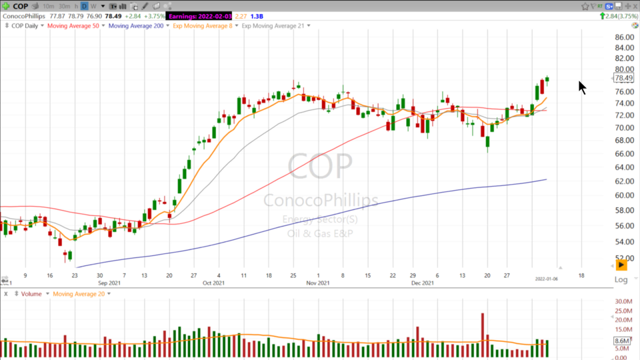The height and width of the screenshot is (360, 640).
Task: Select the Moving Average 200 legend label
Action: [x=136, y=26]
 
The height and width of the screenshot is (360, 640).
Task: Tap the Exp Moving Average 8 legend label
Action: [x=202, y=26]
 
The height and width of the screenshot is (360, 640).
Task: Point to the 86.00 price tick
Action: [x=625, y=37]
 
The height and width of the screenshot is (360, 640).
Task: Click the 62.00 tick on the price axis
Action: [x=625, y=181]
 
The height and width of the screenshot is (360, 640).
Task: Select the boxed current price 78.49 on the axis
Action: [x=623, y=78]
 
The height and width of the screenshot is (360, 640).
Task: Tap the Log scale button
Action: [x=621, y=279]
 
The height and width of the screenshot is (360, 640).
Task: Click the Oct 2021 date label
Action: [x=213, y=283]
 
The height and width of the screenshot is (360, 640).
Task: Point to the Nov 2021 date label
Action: [x=317, y=283]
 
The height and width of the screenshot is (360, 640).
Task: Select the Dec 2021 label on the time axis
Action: [x=423, y=283]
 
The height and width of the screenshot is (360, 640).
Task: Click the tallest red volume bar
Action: [x=482, y=327]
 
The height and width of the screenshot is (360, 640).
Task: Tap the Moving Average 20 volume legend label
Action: [x=79, y=294]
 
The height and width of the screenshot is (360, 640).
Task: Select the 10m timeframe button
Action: [x=48, y=6]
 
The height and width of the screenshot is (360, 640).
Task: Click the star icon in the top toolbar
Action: [x=585, y=6]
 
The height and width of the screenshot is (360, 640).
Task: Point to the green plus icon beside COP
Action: [x=6, y=6]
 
